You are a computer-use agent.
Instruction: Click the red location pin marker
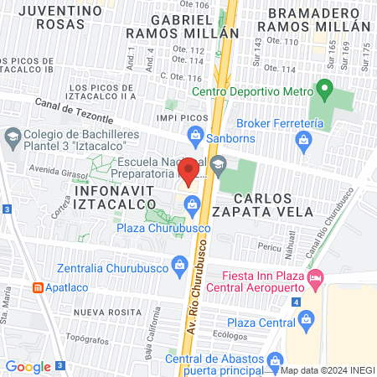189,170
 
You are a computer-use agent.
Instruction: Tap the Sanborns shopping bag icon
195,134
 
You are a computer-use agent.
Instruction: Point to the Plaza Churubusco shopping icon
193,204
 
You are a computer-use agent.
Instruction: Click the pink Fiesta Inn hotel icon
316,276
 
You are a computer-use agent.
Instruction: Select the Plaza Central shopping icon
306,318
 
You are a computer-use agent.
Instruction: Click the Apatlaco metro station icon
39,287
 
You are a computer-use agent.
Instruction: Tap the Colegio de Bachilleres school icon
13,136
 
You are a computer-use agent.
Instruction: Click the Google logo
28,366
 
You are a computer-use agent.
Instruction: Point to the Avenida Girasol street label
54,168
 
